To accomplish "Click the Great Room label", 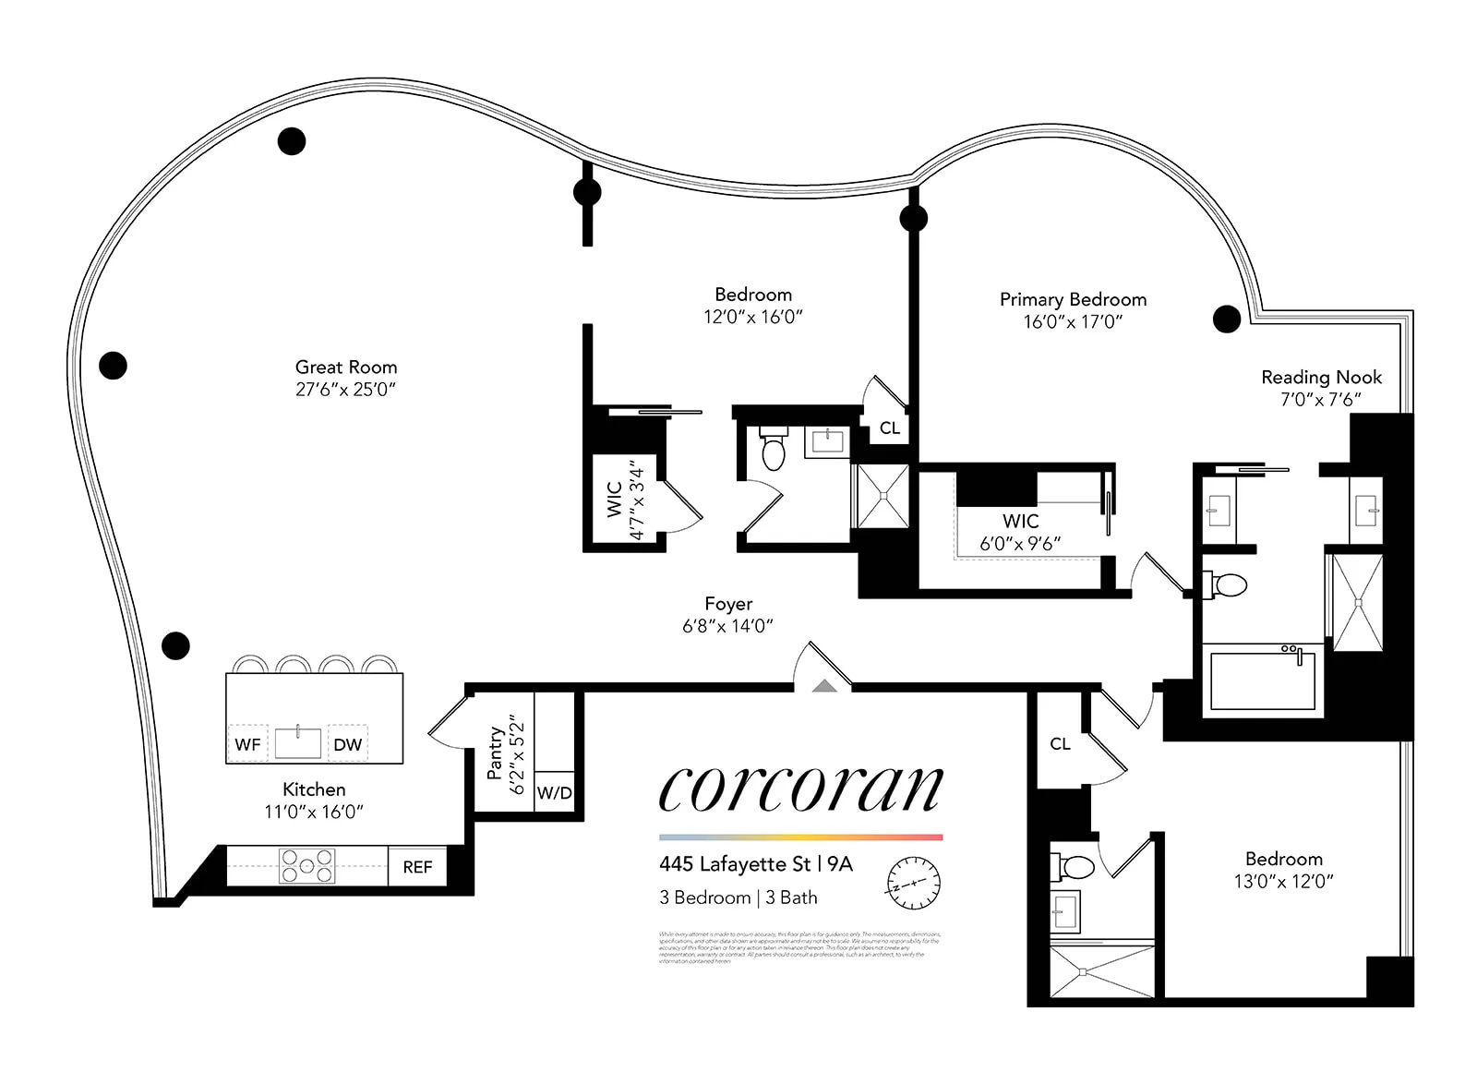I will tap(346, 367).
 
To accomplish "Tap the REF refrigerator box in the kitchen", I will tap(417, 867).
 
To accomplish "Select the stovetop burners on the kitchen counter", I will tap(307, 866).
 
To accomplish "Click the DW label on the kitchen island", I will tap(347, 744).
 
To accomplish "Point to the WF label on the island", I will tap(247, 744).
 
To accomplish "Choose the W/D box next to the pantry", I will tap(554, 792).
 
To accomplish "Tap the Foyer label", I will tap(728, 604).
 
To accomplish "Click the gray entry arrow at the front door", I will tap(824, 685).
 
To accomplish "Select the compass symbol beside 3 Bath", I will tap(913, 878).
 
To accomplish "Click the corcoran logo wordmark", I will tap(800, 790).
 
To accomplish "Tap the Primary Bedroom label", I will tap(1073, 300).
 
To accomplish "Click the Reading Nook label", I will tap(1321, 378).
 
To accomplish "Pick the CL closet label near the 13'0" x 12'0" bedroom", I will tap(1060, 743).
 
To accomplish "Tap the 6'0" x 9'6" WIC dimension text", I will tap(1020, 544).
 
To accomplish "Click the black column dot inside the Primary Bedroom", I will tap(1226, 319).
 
